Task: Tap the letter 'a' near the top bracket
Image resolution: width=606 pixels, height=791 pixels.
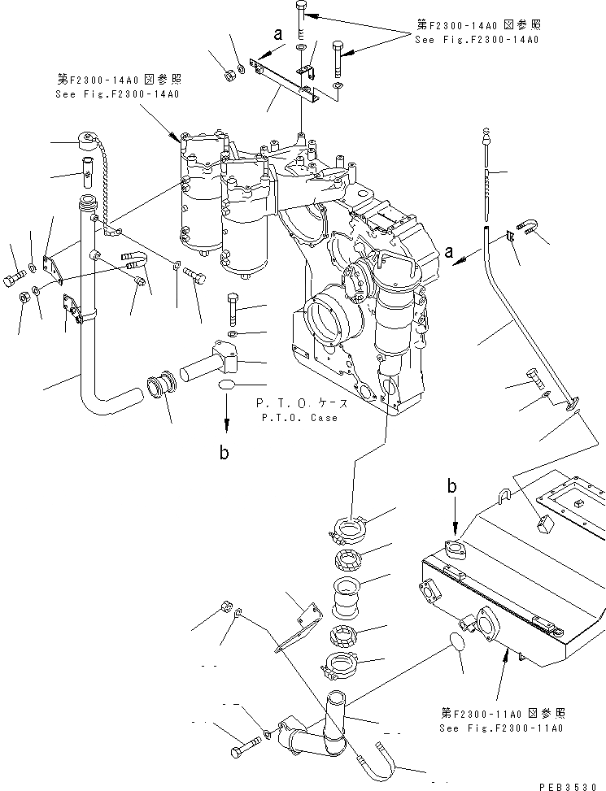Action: click(x=279, y=35)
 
